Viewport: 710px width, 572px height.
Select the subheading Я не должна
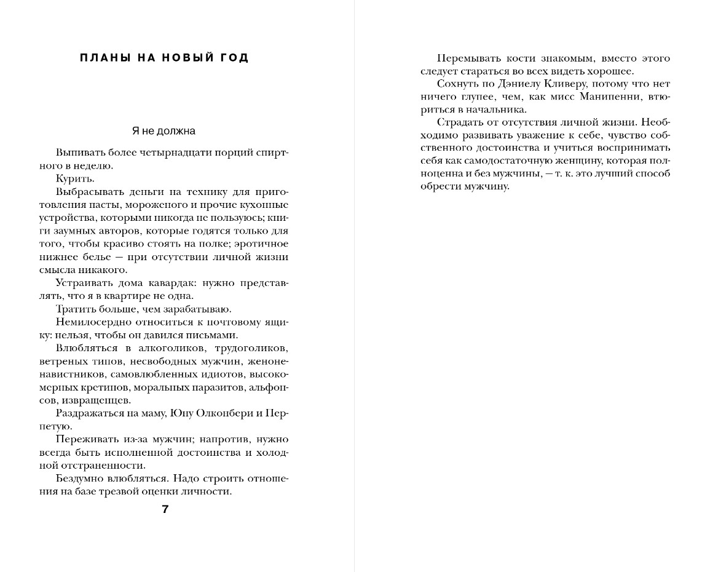[164, 131]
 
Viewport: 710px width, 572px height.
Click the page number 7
[165, 509]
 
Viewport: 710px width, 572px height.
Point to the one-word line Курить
[75, 178]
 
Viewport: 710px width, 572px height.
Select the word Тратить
[74, 309]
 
